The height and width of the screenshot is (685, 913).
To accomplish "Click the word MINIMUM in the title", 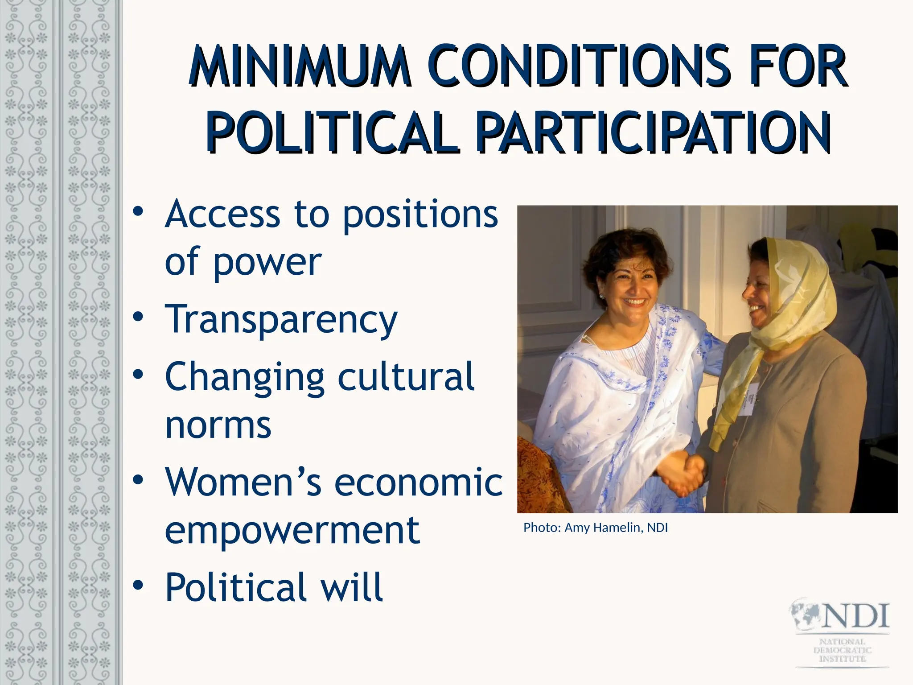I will tap(299, 66).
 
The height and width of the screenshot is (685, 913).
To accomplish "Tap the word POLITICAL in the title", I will tap(332, 132).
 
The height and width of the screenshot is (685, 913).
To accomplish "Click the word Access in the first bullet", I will tap(222, 215).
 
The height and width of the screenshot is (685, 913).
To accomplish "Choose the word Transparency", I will tap(281, 319).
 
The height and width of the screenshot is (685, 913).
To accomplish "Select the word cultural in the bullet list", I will tap(406, 377).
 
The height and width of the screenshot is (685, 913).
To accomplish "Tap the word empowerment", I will tap(292, 530).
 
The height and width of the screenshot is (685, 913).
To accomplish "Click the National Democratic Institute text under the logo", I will tap(842, 651).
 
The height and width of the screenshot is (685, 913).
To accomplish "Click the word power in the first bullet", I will tap(267, 263).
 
